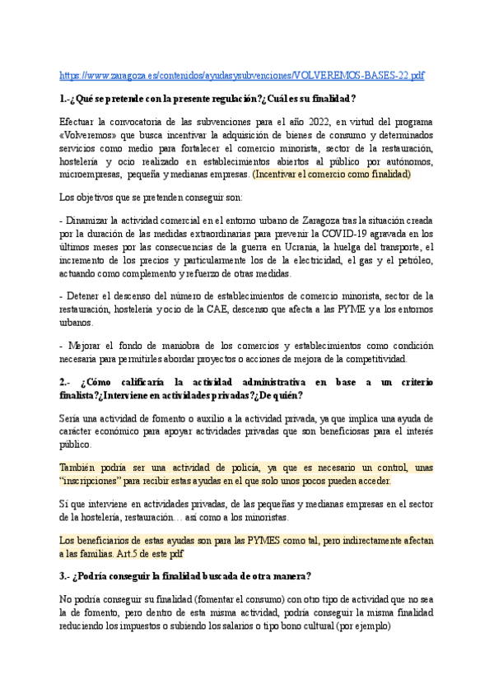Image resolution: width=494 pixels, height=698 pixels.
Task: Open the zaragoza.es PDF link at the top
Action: click(x=242, y=76)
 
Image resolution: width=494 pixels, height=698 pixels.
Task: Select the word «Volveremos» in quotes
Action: click(x=89, y=135)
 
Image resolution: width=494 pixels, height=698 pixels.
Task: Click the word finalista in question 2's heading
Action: click(x=81, y=395)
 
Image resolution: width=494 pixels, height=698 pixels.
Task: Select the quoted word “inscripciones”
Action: click(x=92, y=481)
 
